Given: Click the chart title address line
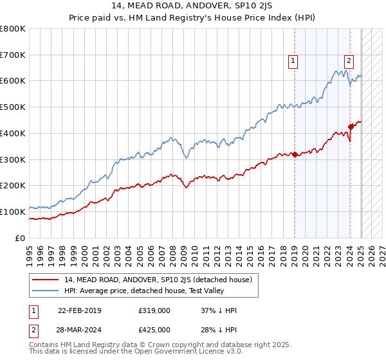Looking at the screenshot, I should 192,7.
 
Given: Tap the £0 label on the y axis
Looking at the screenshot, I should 21,238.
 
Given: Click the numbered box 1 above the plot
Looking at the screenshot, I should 293,61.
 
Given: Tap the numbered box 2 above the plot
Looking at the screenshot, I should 349,61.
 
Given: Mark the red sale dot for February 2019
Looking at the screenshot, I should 295,154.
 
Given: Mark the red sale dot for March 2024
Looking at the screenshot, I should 351,127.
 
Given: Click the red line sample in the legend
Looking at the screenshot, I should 46,280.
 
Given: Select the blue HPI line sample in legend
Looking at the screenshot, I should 46,291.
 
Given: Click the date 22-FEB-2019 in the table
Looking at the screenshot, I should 84,310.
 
